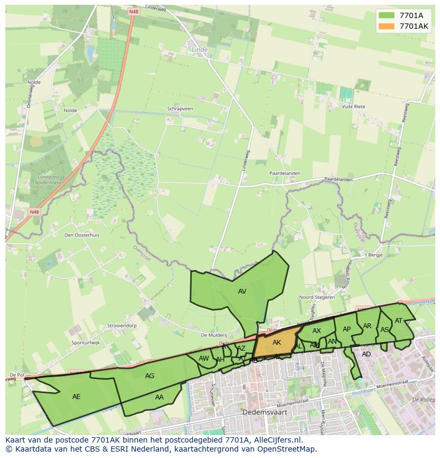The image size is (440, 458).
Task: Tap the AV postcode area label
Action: coord(242,292)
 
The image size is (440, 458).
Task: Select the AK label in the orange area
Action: coord(277,343)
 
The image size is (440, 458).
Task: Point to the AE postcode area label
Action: coord(77,397)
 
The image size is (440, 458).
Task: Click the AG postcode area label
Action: coord(150,376)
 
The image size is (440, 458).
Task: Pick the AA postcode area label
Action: coord(159,397)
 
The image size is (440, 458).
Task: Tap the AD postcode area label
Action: coord(366,354)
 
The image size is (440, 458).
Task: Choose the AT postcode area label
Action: coord(399,321)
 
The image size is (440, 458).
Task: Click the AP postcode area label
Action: coord(346,329)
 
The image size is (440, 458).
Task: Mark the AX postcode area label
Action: coord(317,331)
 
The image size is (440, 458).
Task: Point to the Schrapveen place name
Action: coord(180,109)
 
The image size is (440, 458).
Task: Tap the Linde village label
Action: coord(199,49)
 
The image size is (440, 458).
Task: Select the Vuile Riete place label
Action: coord(354,106)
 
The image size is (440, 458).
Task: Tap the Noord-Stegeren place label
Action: coord(317,297)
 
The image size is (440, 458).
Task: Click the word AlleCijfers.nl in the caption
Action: coord(276,440)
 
